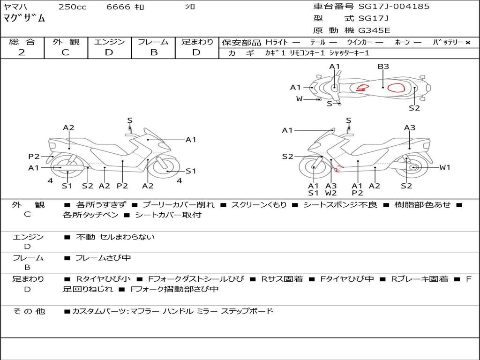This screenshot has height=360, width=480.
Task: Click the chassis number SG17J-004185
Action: pyautogui.click(x=394, y=6)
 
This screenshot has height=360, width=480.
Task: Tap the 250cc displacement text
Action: pyautogui.click(x=73, y=7)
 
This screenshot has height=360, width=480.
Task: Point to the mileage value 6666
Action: pyautogui.click(x=119, y=7)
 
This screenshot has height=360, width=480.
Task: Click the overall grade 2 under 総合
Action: pyautogui.click(x=22, y=52)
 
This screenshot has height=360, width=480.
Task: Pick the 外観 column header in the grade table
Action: pyautogui.click(x=66, y=42)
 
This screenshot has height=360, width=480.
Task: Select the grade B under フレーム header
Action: pyautogui.click(x=154, y=52)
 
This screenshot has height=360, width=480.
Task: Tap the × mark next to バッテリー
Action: pyautogui.click(x=468, y=43)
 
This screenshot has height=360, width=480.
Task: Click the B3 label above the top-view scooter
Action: pyautogui.click(x=383, y=67)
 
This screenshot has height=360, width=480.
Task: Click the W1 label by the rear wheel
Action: pyautogui.click(x=445, y=167)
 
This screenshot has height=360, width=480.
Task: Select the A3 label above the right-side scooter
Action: pyautogui.click(x=410, y=127)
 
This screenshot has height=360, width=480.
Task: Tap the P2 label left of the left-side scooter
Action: pyautogui.click(x=34, y=157)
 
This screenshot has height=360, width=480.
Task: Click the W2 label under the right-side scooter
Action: pyautogui.click(x=331, y=193)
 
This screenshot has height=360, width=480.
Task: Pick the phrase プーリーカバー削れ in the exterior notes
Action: pyautogui.click(x=179, y=204)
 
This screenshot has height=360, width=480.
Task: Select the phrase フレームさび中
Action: pyautogui.click(x=103, y=258)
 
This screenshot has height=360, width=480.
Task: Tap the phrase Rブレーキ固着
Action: pyautogui.click(x=420, y=279)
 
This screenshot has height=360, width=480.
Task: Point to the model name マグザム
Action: pyautogui.click(x=24, y=18)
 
